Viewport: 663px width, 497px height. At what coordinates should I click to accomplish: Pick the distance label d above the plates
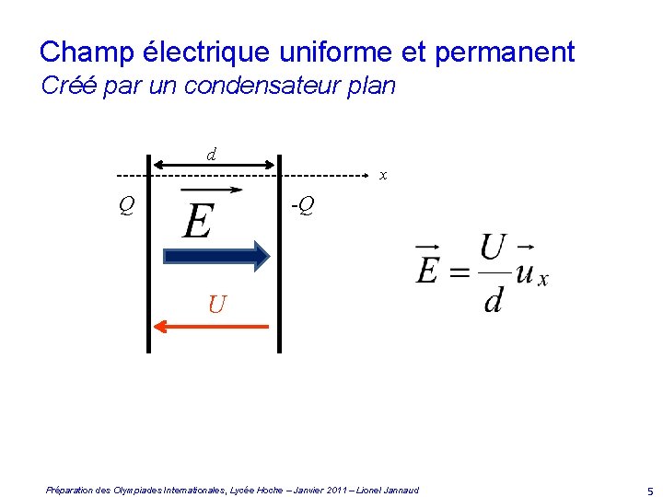[212, 154]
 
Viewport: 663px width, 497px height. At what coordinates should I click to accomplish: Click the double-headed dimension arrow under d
[213, 165]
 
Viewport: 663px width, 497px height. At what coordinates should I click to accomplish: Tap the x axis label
[383, 175]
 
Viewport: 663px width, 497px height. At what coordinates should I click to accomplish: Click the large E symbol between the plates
[198, 219]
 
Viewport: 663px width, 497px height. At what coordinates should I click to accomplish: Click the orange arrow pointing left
[211, 325]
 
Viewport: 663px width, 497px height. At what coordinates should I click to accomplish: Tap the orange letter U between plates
[216, 304]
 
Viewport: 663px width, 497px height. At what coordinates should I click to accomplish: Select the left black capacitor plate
[147, 265]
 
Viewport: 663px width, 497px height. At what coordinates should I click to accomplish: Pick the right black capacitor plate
[279, 265]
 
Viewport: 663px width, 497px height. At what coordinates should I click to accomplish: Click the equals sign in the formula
[459, 272]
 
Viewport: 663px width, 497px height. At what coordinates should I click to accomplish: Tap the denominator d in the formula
[494, 300]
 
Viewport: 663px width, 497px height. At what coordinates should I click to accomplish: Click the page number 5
[649, 491]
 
